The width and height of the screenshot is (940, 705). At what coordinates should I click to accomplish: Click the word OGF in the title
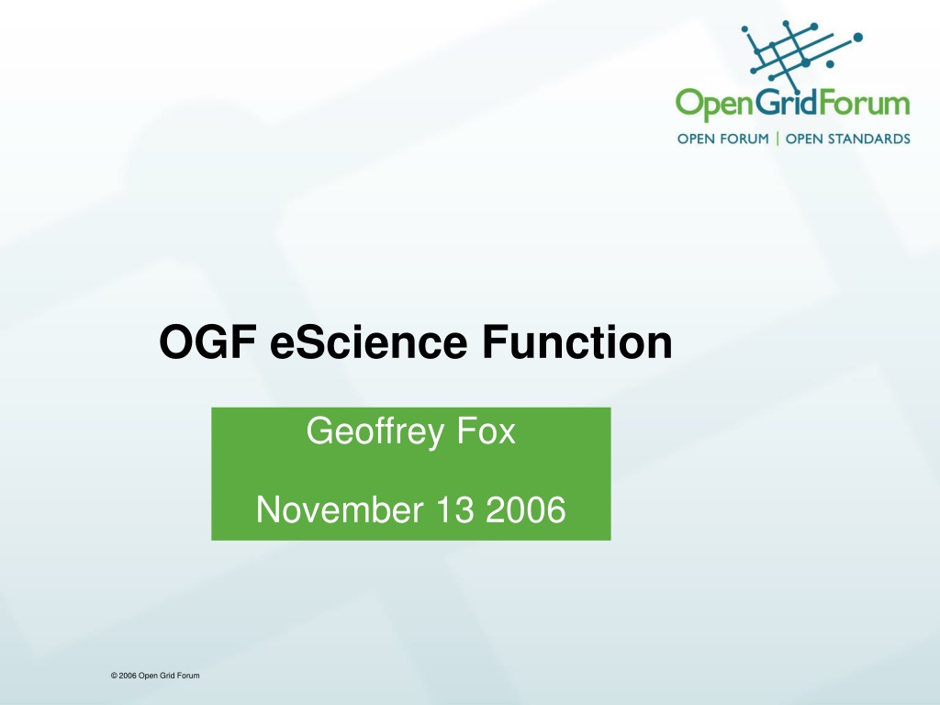point(208,341)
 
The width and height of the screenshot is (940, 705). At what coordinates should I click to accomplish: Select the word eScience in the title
point(369,341)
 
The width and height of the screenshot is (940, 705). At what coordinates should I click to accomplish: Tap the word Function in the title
point(577,341)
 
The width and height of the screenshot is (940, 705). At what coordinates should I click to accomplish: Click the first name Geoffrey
point(375,431)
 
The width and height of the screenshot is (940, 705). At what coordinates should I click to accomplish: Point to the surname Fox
point(486,431)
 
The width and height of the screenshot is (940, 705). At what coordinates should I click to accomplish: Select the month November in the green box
point(340,509)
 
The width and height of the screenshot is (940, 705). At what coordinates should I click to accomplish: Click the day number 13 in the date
point(455,509)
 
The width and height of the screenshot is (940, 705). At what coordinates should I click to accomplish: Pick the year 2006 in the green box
point(525,509)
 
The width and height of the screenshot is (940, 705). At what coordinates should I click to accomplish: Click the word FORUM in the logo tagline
point(743,140)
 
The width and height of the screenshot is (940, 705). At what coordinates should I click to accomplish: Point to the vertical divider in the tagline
point(778,139)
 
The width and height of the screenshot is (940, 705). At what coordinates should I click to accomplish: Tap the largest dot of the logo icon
point(858,37)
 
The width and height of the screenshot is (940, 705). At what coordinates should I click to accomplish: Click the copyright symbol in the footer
point(114,676)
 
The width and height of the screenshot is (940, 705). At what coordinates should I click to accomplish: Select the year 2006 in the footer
point(128,676)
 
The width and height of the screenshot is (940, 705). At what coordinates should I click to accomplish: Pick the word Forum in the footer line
point(188,676)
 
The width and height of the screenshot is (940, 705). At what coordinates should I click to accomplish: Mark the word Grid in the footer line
point(167,676)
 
